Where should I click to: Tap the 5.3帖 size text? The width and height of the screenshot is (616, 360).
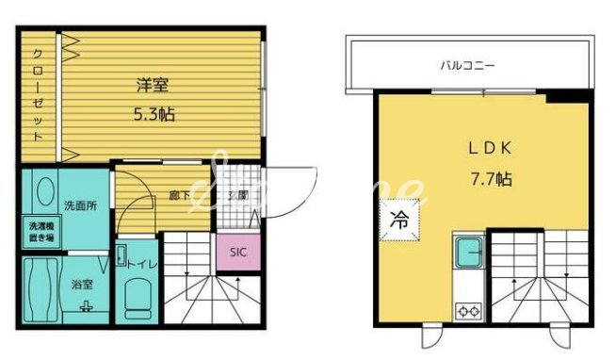tap(154, 114)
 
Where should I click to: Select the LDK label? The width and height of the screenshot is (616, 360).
tap(490, 148)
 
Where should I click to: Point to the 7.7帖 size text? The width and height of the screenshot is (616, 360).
tap(491, 177)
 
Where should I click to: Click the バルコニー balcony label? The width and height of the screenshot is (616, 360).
tap(468, 66)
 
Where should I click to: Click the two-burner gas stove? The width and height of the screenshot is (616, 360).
tap(468, 308)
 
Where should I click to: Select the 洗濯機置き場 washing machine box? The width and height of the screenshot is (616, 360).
tap(39, 232)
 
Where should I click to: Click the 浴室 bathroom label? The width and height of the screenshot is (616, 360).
tap(83, 283)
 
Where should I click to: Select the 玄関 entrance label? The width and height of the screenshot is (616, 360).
tap(237, 195)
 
